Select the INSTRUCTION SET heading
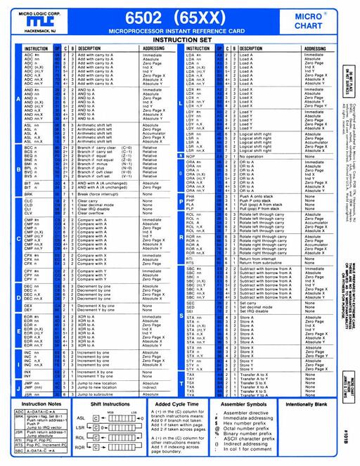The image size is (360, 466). pyautogui.click(x=181, y=41)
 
